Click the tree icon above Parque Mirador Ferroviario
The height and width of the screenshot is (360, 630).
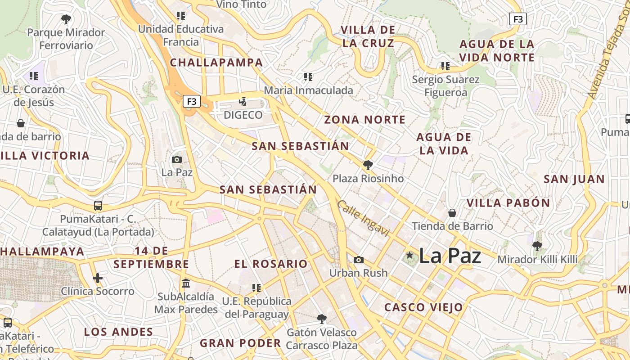tap(66, 19)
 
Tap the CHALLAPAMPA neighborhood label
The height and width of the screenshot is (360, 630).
tap(216, 63)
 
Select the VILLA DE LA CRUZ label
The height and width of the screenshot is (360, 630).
tap(368, 36)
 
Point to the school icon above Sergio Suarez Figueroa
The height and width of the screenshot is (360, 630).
tap(445, 66)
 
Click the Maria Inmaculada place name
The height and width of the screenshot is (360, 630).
tap(308, 90)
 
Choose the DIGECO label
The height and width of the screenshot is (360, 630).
tap(243, 115)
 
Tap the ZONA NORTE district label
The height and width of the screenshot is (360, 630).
tap(365, 120)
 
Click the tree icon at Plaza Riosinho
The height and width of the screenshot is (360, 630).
tap(368, 165)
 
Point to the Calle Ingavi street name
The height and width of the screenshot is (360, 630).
tap(363, 218)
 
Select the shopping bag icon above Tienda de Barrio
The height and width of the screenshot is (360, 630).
tap(452, 212)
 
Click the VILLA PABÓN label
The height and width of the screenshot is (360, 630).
tap(508, 203)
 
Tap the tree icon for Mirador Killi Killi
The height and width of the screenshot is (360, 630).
tap(537, 246)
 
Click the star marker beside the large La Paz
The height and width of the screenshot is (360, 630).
tap(409, 256)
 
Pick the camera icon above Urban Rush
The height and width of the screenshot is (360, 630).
tap(358, 260)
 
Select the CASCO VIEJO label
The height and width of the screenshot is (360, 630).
tap(423, 307)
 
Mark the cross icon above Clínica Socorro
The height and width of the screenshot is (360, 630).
tap(98, 278)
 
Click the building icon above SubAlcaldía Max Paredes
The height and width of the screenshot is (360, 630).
tap(186, 283)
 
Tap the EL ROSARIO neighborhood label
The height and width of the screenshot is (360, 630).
tap(271, 264)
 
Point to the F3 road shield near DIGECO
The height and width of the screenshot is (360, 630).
tap(192, 101)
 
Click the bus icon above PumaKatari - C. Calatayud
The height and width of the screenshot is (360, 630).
tap(98, 206)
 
